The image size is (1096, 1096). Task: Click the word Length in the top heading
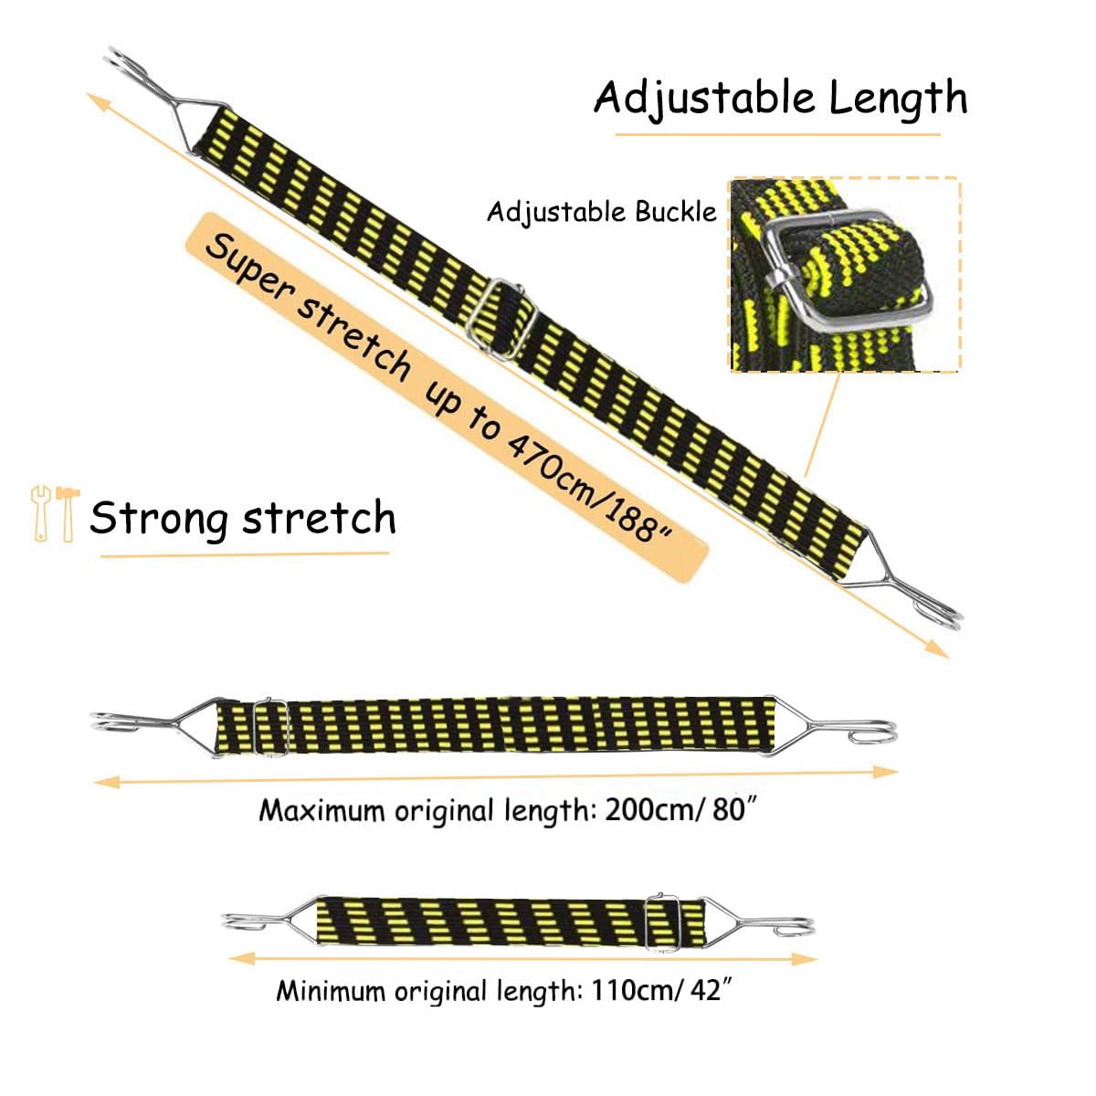pyautogui.click(x=898, y=99)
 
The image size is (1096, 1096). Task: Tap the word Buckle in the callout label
pyautogui.click(x=676, y=212)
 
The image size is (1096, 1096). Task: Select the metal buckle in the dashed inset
pyautogui.click(x=847, y=269)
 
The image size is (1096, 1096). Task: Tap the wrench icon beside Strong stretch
pyautogui.click(x=41, y=513)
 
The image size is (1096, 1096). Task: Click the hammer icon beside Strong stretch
pyautogui.click(x=68, y=513)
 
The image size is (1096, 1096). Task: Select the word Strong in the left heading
pyautogui.click(x=159, y=518)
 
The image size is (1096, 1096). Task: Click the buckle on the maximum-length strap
pyautogui.click(x=270, y=726)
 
